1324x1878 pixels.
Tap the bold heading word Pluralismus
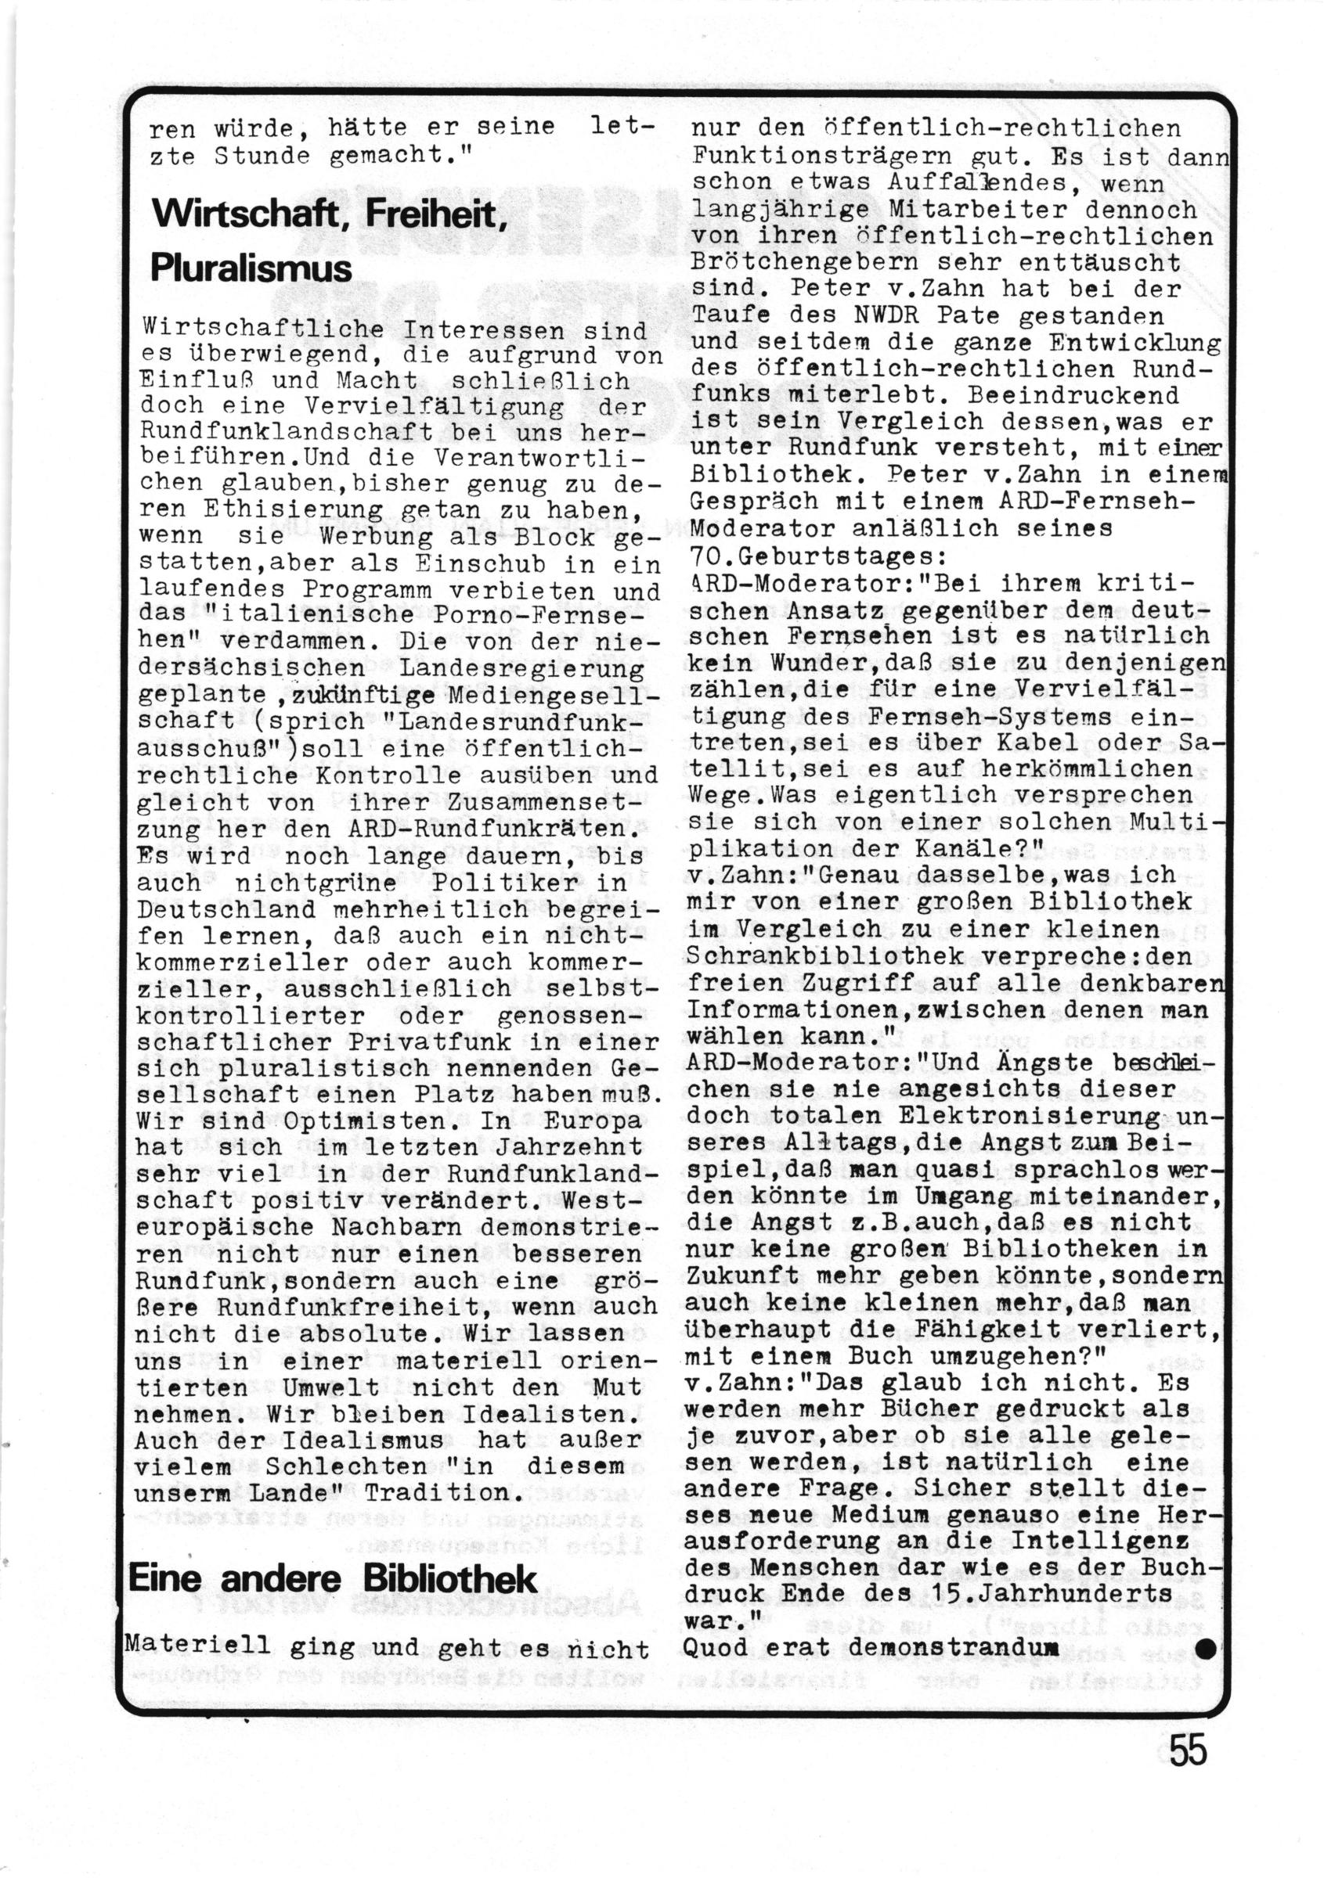coord(251,268)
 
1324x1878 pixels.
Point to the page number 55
coord(1189,1773)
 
